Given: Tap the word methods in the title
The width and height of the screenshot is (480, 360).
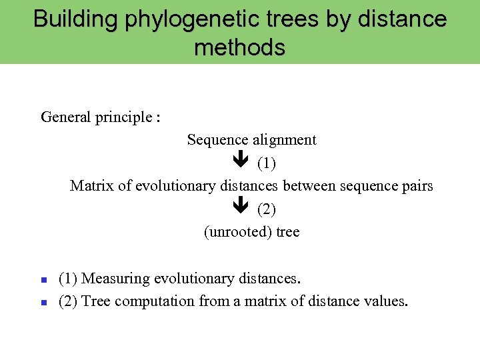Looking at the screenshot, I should click(240, 47).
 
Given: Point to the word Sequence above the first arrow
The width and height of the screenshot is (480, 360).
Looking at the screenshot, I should click(218, 140).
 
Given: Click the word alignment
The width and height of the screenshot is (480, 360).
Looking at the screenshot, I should click(285, 140).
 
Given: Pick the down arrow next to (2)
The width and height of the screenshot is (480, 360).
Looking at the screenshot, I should click(241, 209).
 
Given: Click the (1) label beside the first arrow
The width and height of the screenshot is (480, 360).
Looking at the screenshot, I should click(267, 163).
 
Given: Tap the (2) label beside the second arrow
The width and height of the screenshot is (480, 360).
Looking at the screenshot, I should click(267, 209).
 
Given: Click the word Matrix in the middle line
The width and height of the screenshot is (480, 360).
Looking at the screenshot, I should click(92, 186).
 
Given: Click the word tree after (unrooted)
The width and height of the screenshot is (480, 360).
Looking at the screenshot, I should click(286, 232).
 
